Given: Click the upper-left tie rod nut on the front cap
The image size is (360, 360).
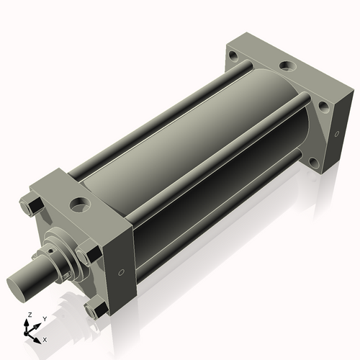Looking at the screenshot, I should pos(30,209).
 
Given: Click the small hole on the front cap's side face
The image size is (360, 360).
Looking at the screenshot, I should pos(120,272).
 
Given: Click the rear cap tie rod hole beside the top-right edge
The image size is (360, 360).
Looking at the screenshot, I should pos(323,107).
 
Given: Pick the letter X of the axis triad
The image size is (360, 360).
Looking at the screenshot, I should pos(45,339).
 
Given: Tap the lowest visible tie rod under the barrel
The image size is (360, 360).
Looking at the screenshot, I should pos(216,230).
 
